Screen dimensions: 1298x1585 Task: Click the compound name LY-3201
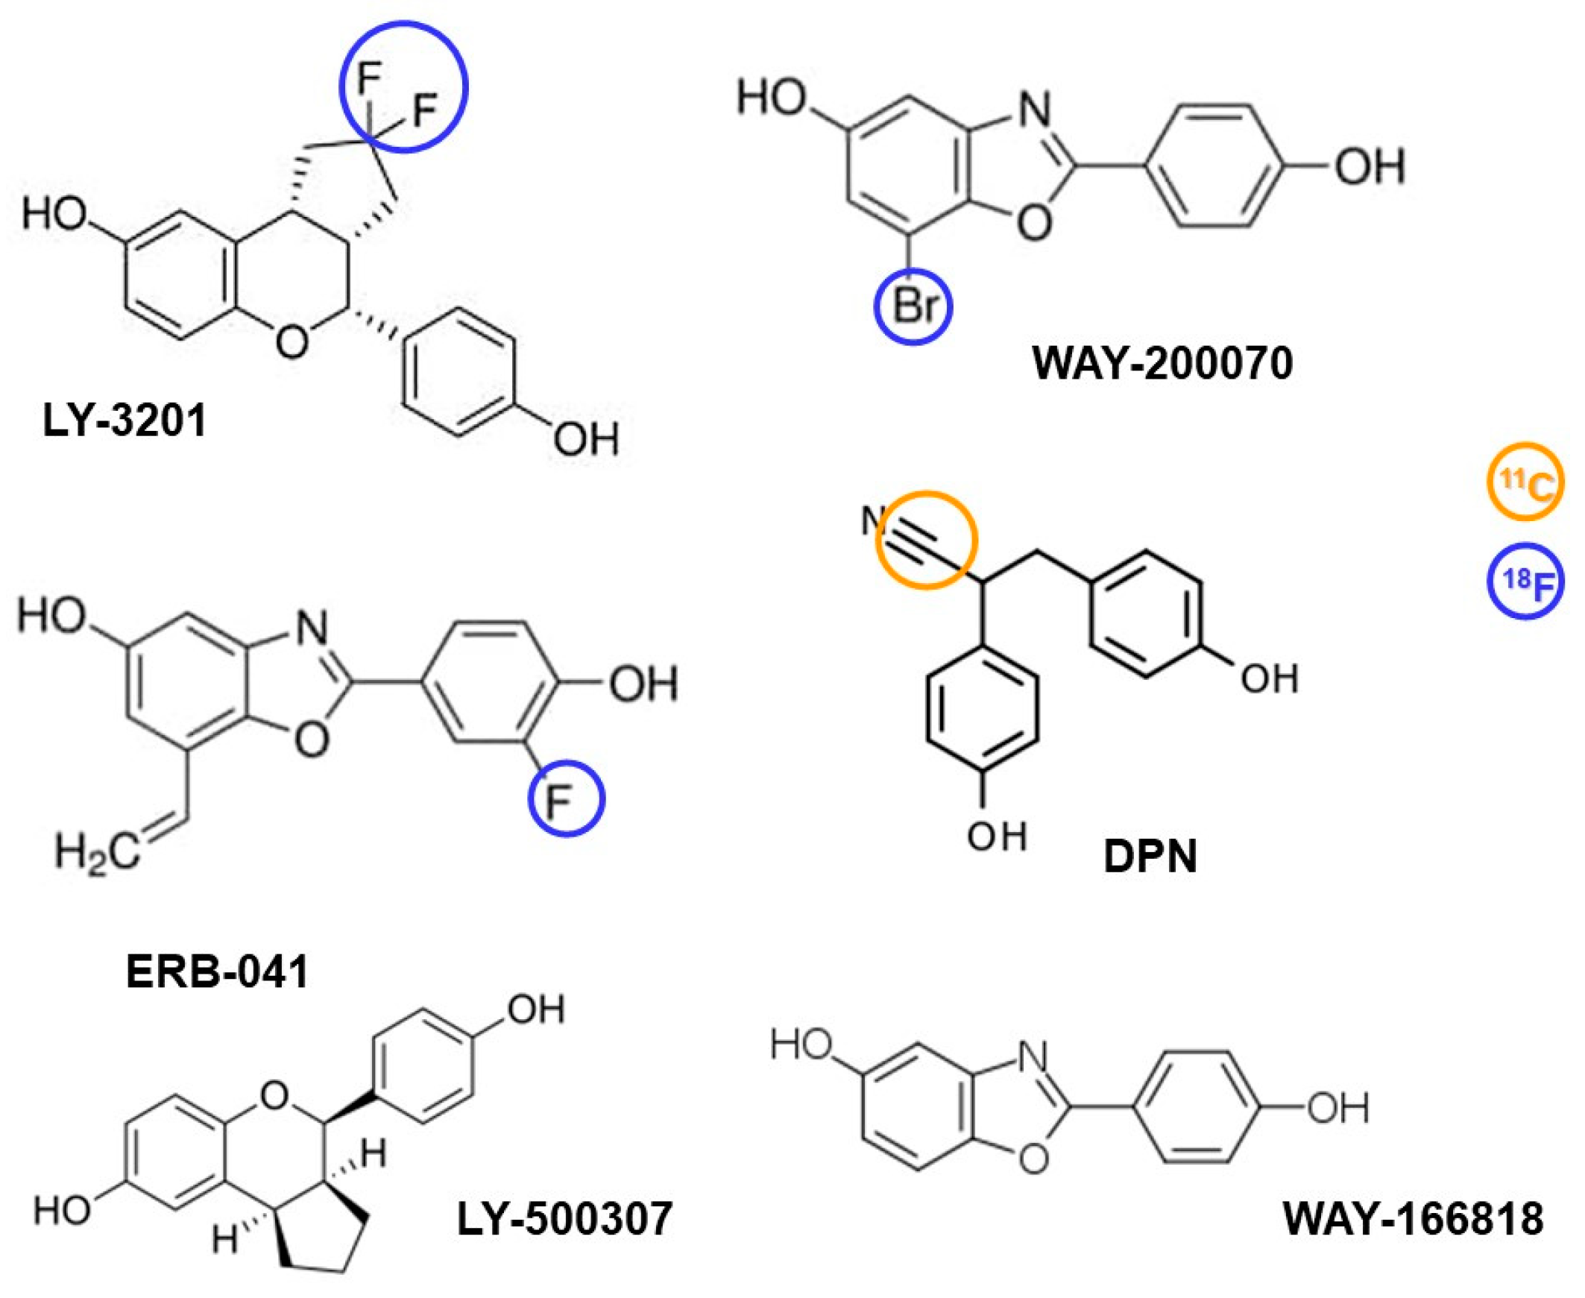pos(124,421)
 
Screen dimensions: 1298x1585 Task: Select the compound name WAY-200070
pos(1162,364)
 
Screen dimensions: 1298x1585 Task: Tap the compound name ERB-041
pos(217,973)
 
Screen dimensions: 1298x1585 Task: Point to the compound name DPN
pos(1150,856)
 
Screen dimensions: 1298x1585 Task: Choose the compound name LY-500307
pos(564,1218)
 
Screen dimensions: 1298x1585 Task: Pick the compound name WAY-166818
pos(1413,1218)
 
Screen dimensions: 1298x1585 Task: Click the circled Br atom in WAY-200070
pos(913,306)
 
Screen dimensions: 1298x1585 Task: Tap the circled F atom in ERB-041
pos(566,798)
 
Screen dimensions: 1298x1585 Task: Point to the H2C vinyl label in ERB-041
pos(97,851)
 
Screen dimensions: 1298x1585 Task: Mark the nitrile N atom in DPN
pos(874,520)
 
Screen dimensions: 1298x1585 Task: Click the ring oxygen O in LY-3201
pos(291,342)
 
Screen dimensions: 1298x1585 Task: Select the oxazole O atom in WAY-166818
pos(1033,1158)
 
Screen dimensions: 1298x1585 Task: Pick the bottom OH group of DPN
pos(997,836)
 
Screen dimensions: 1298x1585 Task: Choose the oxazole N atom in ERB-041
pos(312,628)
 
